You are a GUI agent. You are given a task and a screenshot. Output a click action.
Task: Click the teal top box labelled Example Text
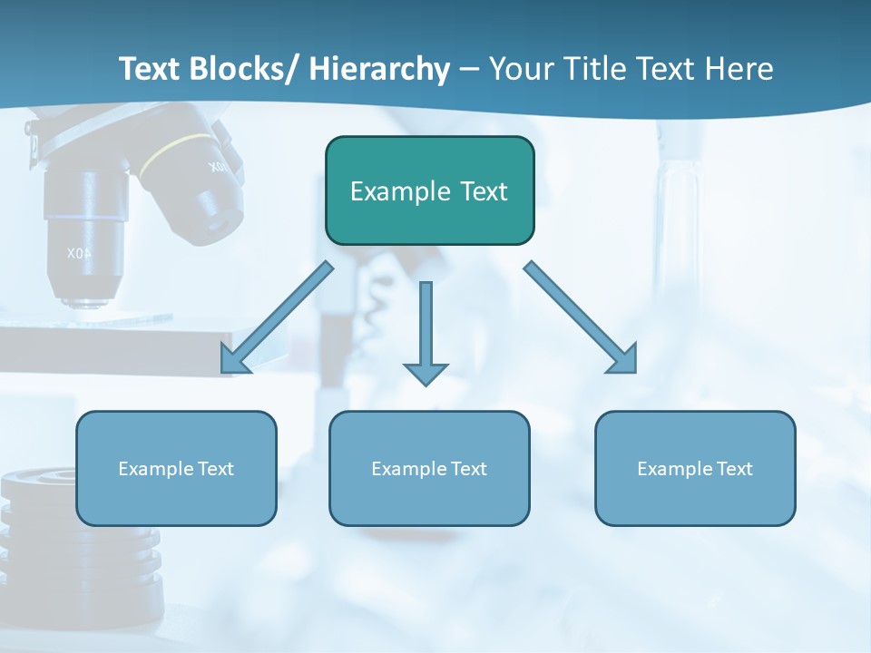tap(429, 190)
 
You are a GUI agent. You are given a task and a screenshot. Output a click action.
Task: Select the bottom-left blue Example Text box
tap(176, 468)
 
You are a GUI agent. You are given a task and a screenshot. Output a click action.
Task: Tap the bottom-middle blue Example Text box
tap(429, 468)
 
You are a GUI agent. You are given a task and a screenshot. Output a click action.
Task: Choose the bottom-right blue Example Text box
tap(695, 468)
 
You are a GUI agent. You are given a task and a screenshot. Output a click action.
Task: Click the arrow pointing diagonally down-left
tap(277, 317)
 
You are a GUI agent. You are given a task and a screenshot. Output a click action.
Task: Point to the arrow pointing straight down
tap(426, 332)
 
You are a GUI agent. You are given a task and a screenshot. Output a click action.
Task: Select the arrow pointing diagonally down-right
tap(581, 317)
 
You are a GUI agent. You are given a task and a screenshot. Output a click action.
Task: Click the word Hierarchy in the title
tap(379, 69)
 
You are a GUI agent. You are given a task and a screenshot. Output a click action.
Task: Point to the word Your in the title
tap(522, 69)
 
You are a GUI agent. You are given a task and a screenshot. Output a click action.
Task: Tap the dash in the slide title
tap(469, 71)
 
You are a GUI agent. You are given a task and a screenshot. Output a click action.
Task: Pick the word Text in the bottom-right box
tap(734, 468)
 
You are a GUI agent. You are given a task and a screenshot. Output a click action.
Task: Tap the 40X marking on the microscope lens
tap(79, 253)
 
